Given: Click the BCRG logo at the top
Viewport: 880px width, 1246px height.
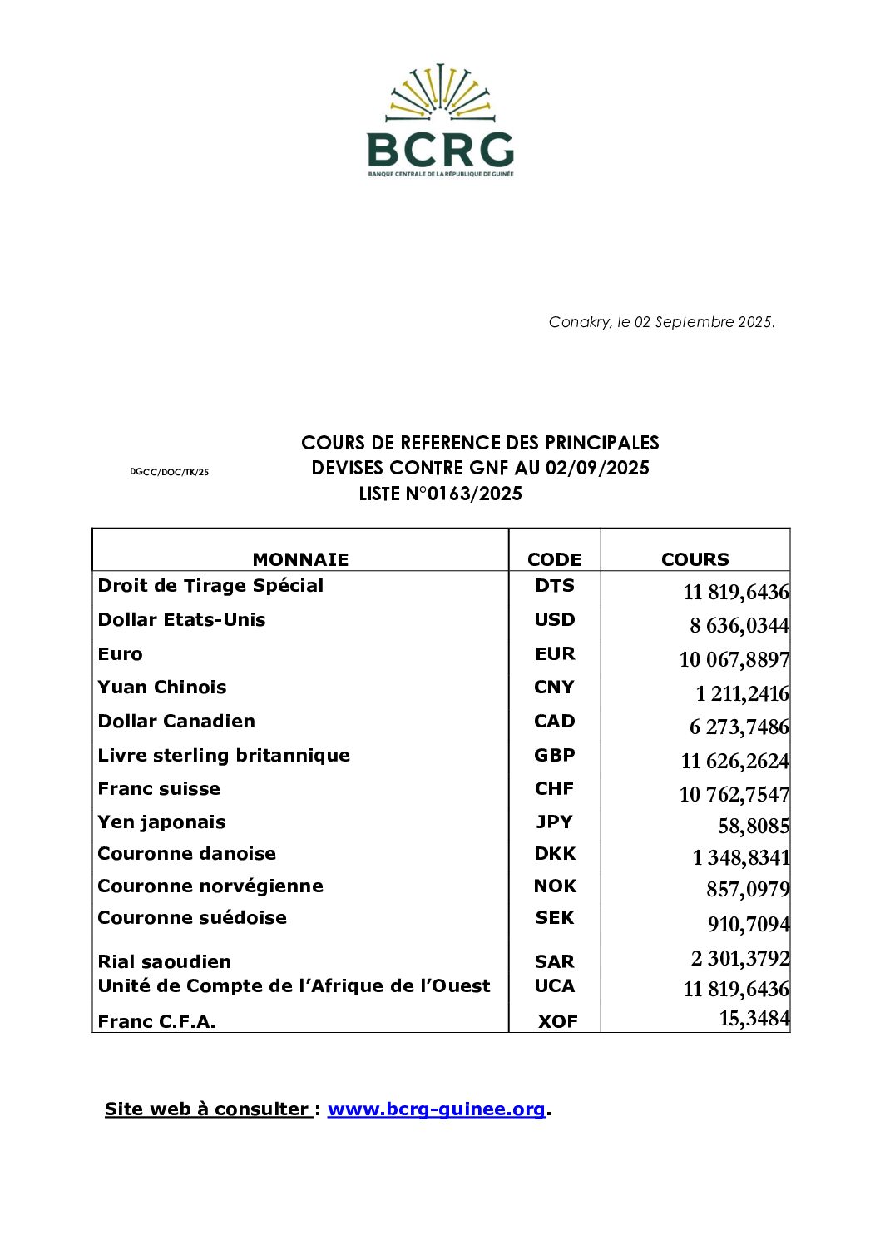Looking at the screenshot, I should tap(440, 121).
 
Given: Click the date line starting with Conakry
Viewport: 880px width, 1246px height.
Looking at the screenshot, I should tap(661, 322).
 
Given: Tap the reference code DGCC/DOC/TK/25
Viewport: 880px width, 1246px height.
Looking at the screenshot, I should tap(169, 472).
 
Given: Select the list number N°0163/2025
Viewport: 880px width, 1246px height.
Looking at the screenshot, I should tap(440, 494).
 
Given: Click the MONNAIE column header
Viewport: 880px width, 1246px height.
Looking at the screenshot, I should tap(300, 559).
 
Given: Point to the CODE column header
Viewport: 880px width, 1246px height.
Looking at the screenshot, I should tap(554, 559).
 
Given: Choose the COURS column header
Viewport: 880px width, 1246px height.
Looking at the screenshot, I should tap(695, 559).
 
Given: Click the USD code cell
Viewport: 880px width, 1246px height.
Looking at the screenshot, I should tap(554, 620).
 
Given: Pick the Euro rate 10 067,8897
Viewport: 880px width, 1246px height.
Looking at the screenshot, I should tap(734, 660).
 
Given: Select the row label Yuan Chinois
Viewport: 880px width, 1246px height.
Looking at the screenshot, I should tap(162, 688).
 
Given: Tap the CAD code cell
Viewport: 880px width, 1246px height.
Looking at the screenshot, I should tap(554, 722).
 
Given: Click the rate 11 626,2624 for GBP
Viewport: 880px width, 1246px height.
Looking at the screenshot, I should tap(734, 762).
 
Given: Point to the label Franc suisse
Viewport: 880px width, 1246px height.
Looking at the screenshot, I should tap(159, 789).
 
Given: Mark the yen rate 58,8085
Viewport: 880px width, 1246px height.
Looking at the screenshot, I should tap(754, 827).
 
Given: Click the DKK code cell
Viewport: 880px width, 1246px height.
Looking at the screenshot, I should tap(554, 854).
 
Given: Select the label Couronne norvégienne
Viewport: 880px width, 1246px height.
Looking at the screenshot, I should tap(210, 886).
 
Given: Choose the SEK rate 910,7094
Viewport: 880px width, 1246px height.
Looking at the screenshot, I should tap(749, 925).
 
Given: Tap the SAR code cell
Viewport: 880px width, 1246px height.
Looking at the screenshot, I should tap(554, 962).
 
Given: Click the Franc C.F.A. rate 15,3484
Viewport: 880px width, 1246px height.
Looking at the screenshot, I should tap(754, 1019).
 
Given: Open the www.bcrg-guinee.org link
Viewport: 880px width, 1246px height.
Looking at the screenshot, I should tap(437, 1109).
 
